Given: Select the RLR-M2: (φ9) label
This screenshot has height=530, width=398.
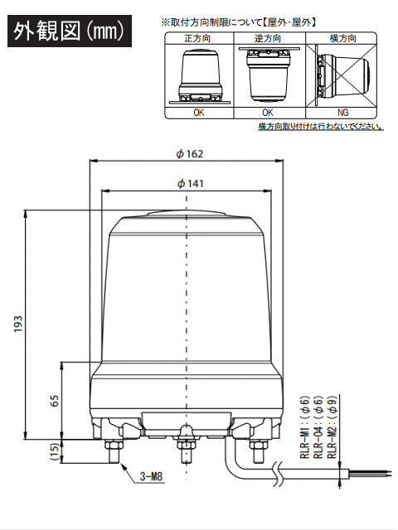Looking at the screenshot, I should pos(332,427).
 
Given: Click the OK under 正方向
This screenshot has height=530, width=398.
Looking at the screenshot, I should pos(199,113).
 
